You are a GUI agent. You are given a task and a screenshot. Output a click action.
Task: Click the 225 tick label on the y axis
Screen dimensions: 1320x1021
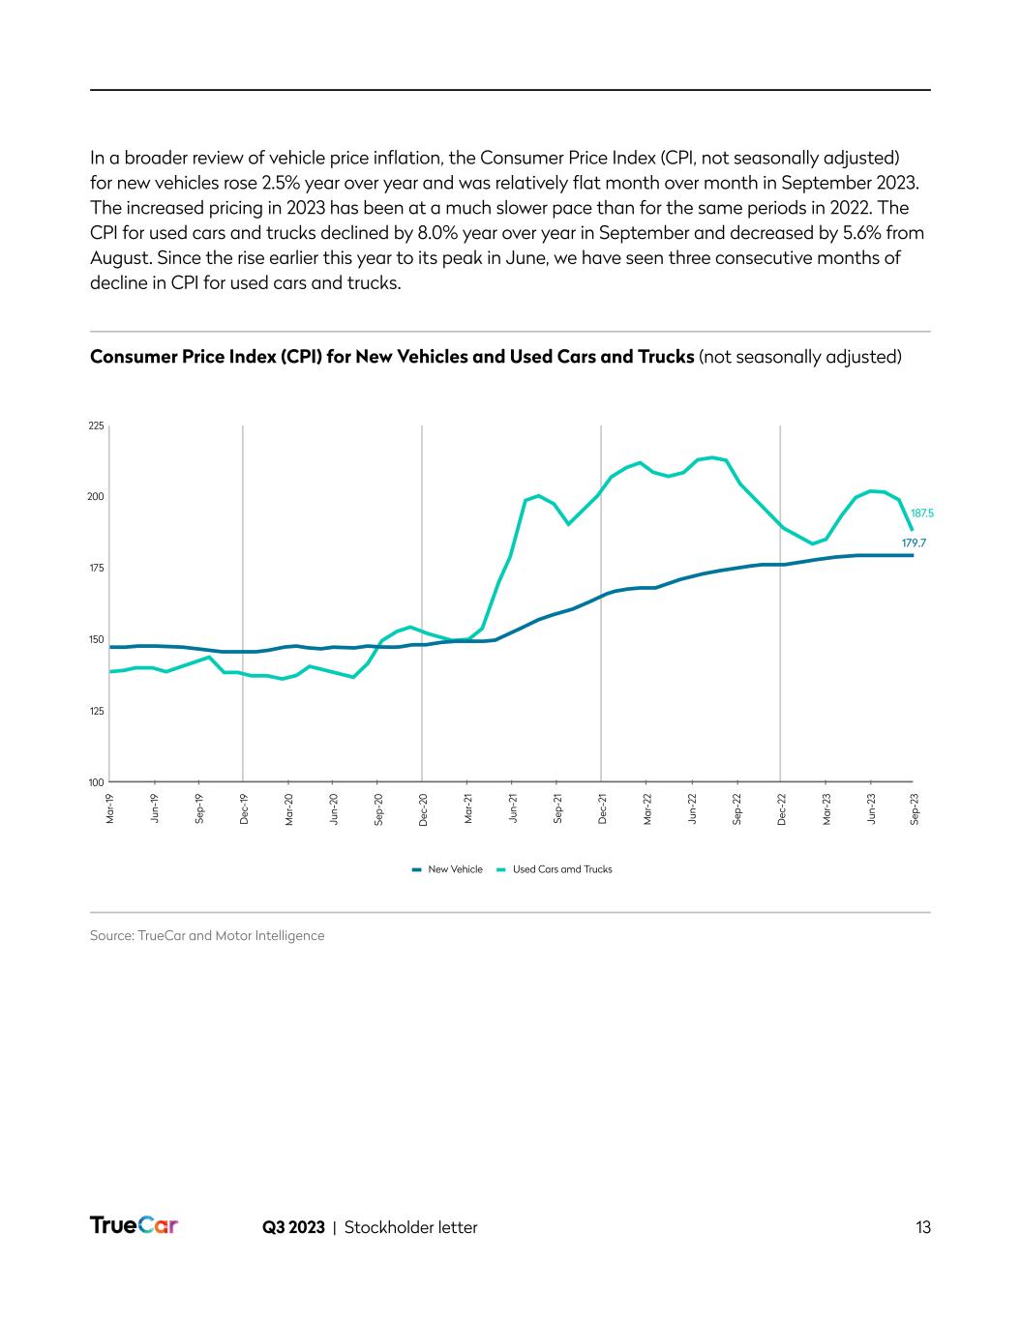96,425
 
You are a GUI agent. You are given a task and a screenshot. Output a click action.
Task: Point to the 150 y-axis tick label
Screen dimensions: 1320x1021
96,639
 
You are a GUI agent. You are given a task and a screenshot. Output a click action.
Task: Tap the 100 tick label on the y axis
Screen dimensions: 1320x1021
96,781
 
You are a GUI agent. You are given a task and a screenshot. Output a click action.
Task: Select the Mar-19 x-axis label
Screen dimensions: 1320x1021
109,808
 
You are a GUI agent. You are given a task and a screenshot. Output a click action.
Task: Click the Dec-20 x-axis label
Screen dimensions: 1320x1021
423,808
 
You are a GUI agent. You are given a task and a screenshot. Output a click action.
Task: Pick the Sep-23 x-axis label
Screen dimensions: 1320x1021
915,808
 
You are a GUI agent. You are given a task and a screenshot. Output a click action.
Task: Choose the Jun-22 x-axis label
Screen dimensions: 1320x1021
692,808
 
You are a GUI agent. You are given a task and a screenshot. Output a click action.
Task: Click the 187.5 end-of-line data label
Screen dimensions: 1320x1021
922,513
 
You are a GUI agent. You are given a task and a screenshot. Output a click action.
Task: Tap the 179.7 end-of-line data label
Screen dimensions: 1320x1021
914,543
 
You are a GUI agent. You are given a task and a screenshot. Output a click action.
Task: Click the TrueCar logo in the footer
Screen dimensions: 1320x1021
135,1225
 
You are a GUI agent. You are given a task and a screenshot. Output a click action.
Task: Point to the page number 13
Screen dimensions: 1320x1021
923,1227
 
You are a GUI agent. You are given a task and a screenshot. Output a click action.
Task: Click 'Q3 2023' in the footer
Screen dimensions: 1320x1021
293,1227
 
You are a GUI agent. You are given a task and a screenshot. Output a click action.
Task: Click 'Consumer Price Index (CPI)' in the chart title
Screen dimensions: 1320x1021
189,357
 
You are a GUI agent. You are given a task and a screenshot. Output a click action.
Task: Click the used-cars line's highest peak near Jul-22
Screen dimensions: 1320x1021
712,457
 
